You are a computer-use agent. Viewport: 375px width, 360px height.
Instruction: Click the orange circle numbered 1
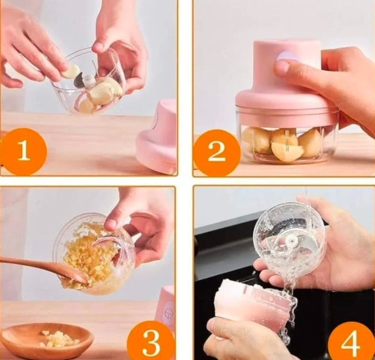[x=23, y=151]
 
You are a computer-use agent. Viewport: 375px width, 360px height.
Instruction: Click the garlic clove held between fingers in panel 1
[x=71, y=71]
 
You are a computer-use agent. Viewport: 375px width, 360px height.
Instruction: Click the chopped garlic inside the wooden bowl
[x=59, y=338]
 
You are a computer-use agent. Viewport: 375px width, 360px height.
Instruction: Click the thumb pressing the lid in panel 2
[x=282, y=68]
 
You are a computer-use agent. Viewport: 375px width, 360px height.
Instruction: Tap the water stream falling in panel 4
[x=288, y=298]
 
